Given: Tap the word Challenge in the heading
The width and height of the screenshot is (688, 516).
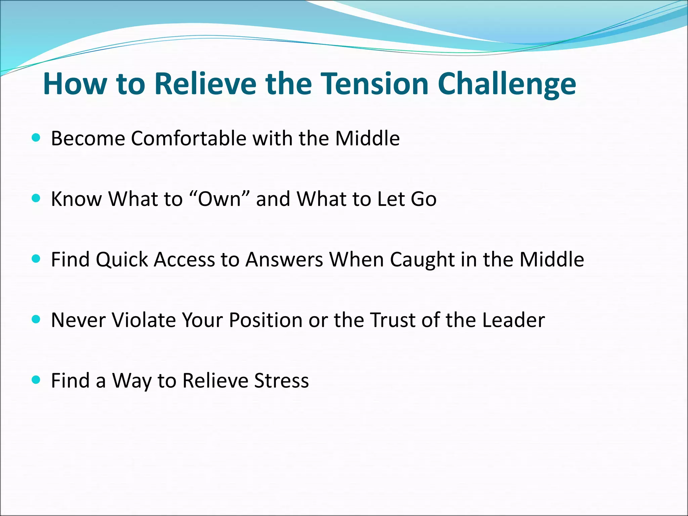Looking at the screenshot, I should tap(507, 84).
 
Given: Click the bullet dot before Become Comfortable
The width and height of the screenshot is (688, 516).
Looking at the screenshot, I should tap(36, 138).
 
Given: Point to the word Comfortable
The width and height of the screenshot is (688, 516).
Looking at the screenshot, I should tap(188, 138).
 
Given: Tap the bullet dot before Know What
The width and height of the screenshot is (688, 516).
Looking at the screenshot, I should tap(36, 198).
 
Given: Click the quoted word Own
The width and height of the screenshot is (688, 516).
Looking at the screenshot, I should tap(219, 199).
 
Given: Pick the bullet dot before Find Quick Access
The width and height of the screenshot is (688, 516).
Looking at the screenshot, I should tap(36, 259).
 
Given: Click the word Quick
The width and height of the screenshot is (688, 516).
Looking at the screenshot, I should tap(122, 260).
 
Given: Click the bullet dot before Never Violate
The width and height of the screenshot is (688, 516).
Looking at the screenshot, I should tap(36, 319).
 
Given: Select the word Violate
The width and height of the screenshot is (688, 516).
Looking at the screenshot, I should tap(144, 320).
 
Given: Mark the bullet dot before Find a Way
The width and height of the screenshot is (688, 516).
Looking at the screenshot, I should tap(36, 380).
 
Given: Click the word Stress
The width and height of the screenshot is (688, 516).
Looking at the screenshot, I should tap(282, 381).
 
